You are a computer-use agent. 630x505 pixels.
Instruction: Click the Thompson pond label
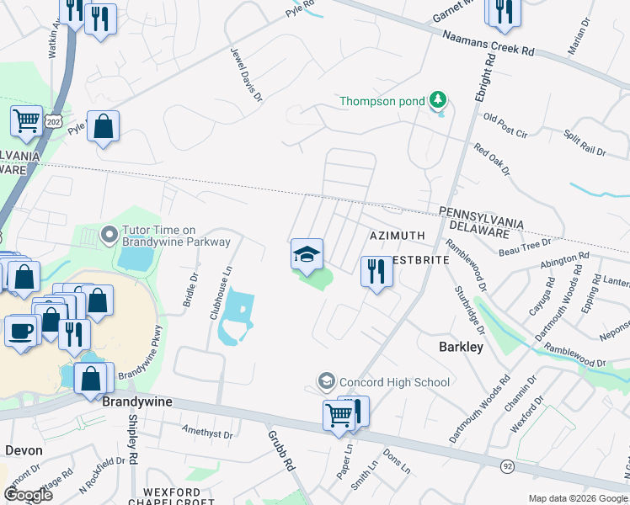(382, 102)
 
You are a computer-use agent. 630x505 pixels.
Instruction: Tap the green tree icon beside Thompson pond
(437, 101)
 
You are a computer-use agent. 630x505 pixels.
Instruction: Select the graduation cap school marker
(307, 253)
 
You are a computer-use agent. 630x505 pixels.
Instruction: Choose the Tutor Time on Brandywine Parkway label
(176, 236)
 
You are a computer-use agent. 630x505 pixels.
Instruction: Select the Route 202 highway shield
(55, 121)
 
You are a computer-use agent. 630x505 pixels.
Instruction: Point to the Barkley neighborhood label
(461, 347)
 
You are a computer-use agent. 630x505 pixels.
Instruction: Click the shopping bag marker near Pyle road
(103, 127)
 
